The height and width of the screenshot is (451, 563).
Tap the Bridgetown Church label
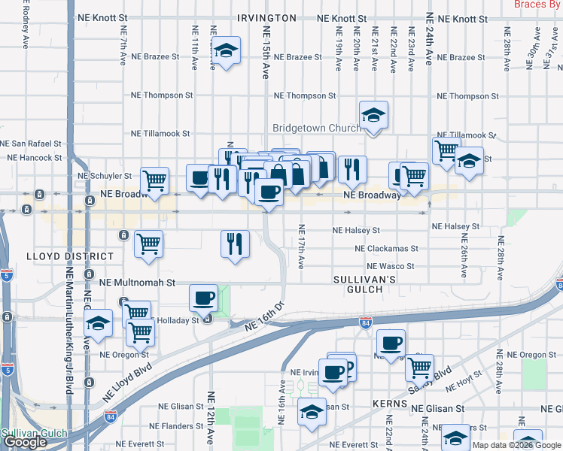click(316, 129)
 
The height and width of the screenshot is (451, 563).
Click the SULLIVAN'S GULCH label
click(364, 285)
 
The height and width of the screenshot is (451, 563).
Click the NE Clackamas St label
click(397, 248)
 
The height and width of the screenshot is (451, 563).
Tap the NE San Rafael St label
click(31, 143)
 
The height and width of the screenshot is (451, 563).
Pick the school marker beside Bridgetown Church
click(373, 116)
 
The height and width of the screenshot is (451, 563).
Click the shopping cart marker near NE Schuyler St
click(154, 180)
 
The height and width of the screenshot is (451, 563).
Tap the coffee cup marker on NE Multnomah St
click(203, 298)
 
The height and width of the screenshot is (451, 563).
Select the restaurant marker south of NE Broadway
click(235, 243)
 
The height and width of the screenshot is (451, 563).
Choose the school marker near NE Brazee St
click(226, 51)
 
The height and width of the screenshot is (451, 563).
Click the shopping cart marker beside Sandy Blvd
click(419, 368)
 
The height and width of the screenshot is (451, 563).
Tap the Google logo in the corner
click(25, 442)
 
